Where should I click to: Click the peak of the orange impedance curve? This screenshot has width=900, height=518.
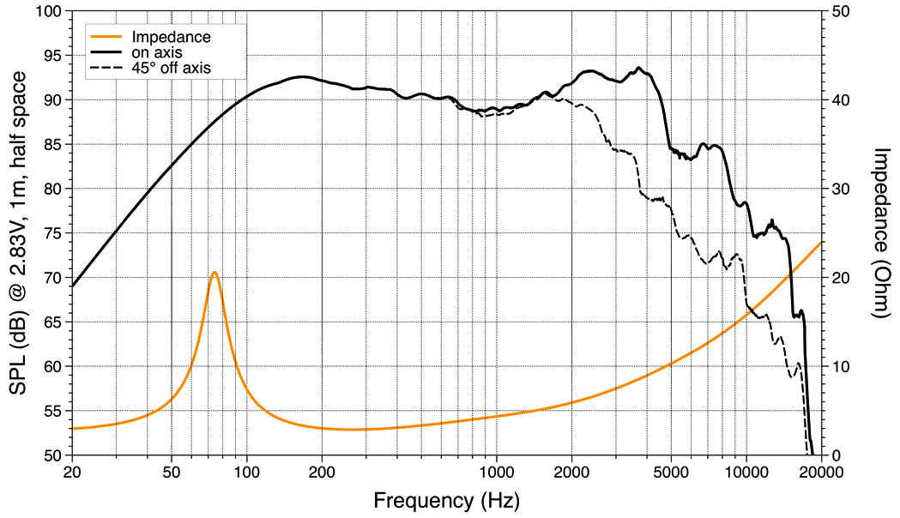[214, 272]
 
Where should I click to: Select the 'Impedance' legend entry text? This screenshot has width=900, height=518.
[171, 37]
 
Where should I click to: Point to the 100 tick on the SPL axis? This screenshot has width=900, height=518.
[49, 12]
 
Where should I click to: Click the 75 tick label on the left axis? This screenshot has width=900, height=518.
[53, 233]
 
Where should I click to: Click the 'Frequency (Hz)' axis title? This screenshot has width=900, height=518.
[446, 499]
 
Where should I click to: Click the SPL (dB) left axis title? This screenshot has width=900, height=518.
[18, 233]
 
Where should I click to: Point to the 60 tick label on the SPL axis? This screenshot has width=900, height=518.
[53, 366]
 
